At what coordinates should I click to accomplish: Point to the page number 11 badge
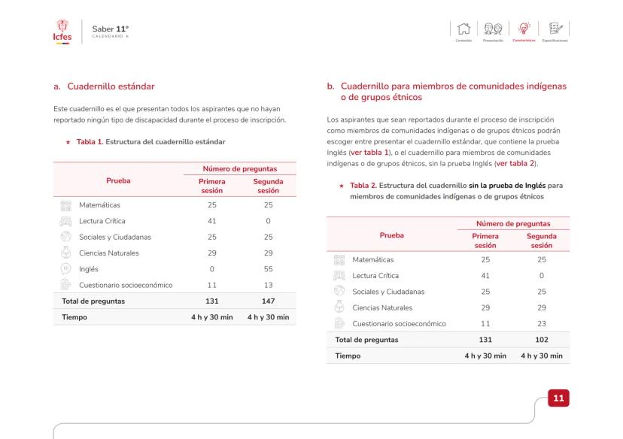tap(558, 396)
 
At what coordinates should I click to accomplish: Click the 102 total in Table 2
tap(542, 340)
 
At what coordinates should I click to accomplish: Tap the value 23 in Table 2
tap(542, 323)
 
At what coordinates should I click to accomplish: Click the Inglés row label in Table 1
tap(89, 269)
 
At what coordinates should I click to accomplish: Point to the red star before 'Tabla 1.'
tap(69, 141)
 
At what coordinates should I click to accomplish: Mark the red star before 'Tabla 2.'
tap(342, 186)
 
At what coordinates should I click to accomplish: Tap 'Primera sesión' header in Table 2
tap(485, 240)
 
